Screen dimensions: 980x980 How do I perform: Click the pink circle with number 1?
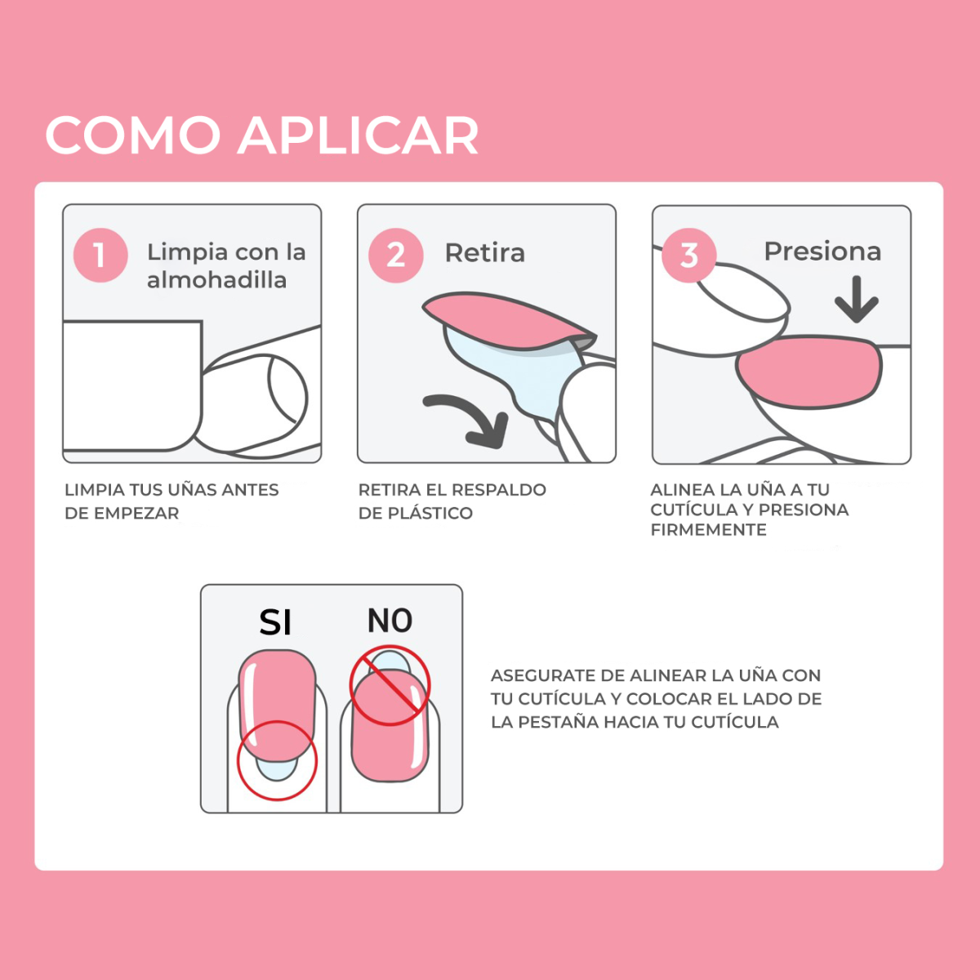(100, 255)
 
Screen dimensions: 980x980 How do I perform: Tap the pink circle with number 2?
(395, 255)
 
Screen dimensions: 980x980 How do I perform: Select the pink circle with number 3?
(689, 256)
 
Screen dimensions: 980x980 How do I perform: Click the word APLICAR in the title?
(359, 136)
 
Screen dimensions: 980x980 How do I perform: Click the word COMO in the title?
(133, 136)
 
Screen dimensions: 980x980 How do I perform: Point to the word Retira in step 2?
(484, 253)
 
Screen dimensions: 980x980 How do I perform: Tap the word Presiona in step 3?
(822, 252)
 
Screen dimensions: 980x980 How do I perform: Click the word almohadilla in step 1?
(216, 280)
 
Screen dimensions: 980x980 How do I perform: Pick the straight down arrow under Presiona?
(856, 301)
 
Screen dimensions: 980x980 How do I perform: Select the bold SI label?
(275, 623)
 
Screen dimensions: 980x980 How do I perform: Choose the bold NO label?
(390, 621)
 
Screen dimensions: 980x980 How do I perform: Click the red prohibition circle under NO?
(390, 685)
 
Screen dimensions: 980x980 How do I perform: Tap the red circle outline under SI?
(277, 760)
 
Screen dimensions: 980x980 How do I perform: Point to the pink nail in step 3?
(808, 372)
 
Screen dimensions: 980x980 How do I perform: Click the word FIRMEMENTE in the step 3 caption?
(708, 530)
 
